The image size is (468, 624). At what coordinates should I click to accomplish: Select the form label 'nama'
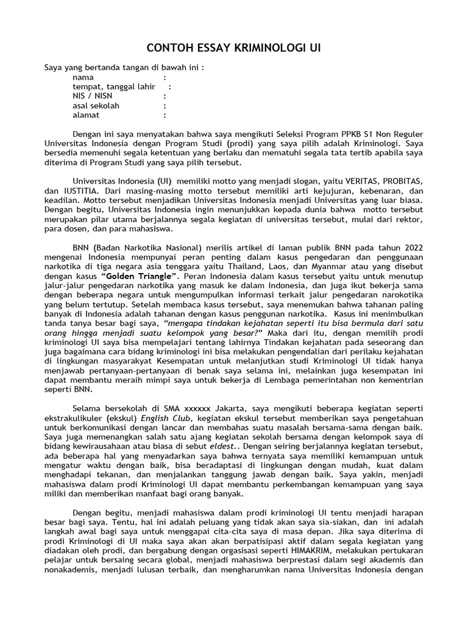[x=83, y=77]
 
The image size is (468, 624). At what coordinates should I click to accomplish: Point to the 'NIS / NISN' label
[x=92, y=96]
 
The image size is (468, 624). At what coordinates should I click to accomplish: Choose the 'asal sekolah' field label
[x=96, y=105]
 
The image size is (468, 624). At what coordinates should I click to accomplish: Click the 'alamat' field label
[x=86, y=114]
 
